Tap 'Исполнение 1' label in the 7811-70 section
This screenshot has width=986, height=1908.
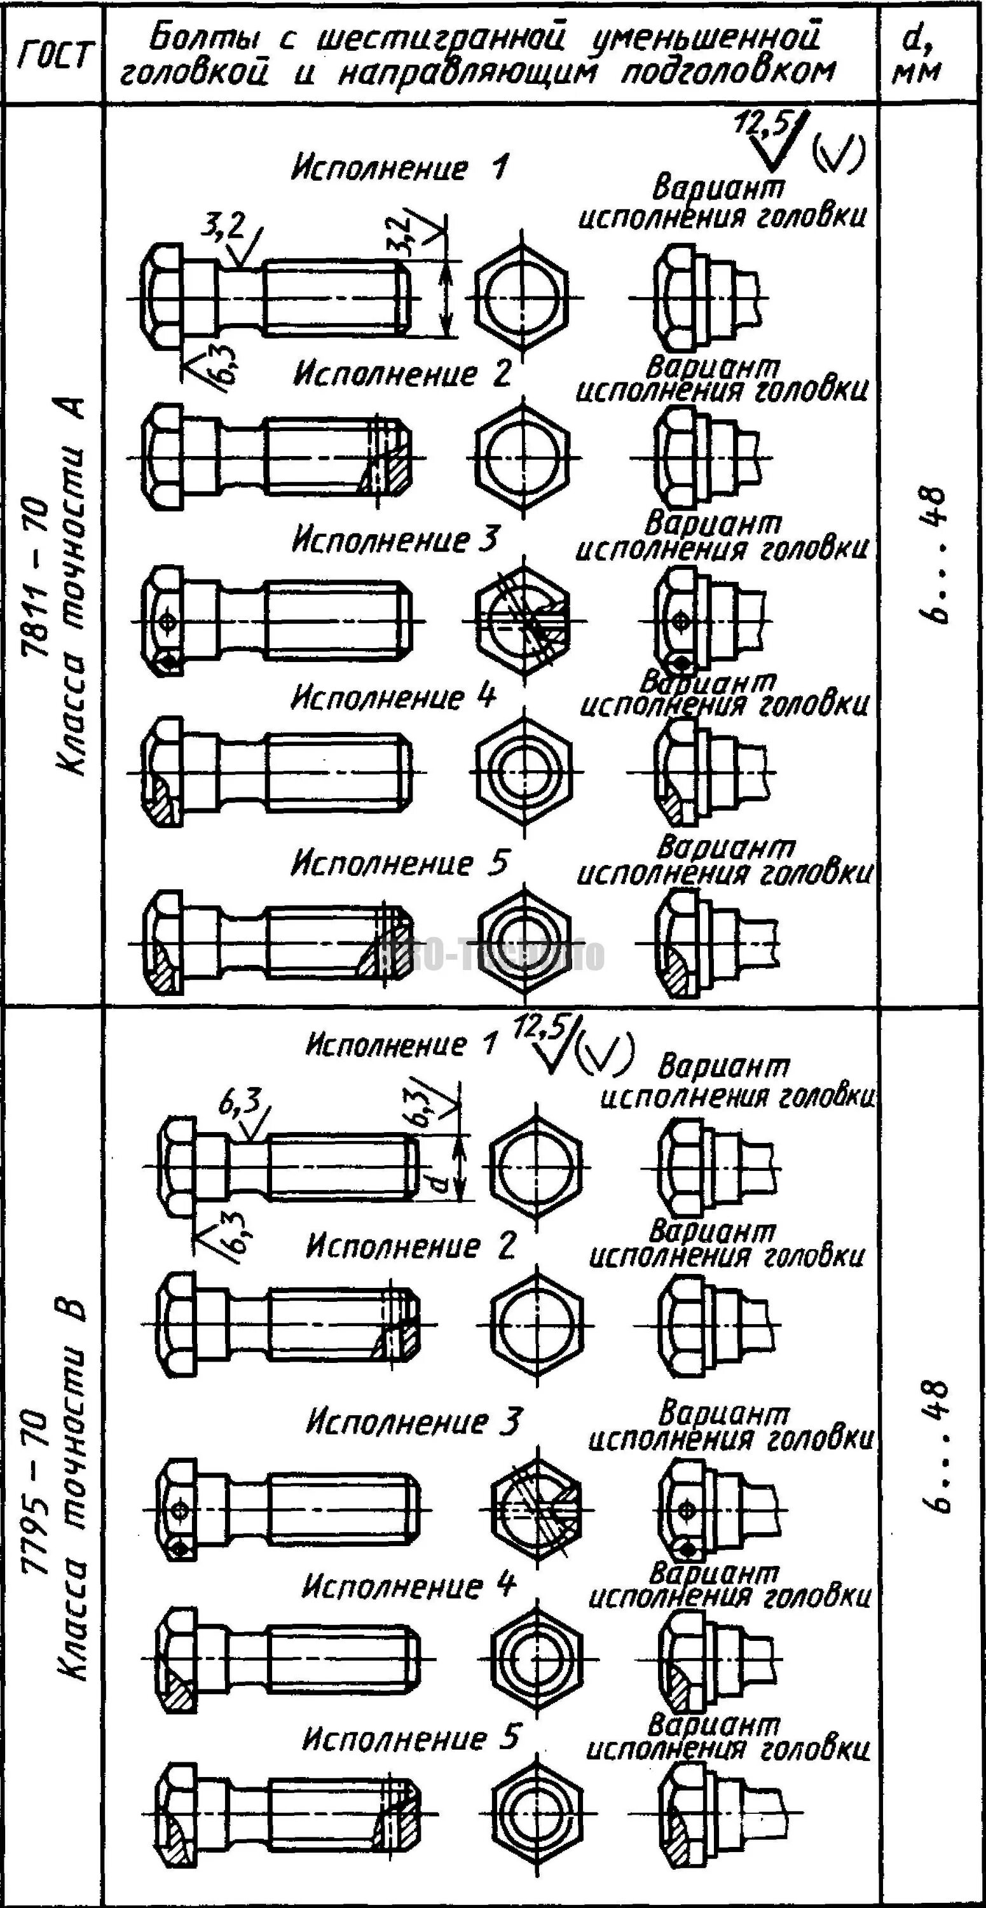(x=400, y=168)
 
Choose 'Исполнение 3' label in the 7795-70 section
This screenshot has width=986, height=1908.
(x=413, y=1421)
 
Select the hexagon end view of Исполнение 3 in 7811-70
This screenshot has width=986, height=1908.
(x=524, y=620)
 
